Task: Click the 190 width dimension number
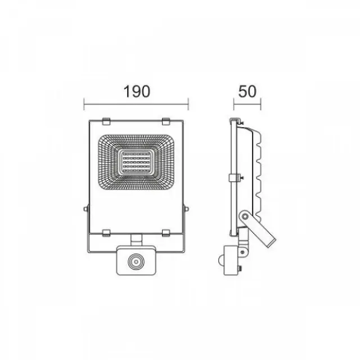tap(137, 91)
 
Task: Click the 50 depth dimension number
tap(247, 91)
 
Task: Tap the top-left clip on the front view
tap(106, 121)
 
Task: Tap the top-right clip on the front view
tap(166, 121)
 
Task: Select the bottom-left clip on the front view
tap(106, 233)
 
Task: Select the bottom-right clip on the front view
tap(166, 233)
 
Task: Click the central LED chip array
tap(136, 162)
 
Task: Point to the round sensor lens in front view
tap(136, 262)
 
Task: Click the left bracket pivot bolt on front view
tap(85, 209)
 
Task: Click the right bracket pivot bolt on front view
tap(187, 209)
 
